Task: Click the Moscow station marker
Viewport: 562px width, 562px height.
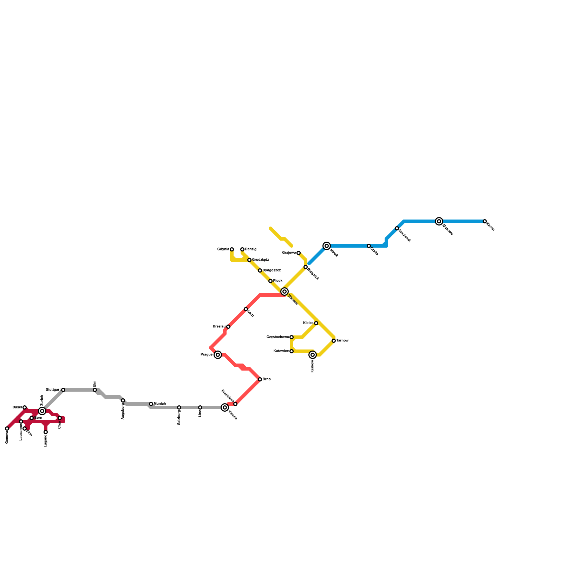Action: [439, 221]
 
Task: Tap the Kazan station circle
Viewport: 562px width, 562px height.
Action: [485, 221]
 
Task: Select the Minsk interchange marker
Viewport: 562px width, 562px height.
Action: [327, 246]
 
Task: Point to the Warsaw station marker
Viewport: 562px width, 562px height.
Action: [285, 292]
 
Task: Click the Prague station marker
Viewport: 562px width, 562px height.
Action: [218, 355]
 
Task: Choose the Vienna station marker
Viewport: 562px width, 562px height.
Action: [225, 407]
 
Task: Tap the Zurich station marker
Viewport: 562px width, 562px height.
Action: [42, 411]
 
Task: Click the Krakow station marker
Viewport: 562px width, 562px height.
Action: [313, 355]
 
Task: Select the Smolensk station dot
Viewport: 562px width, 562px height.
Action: [397, 228]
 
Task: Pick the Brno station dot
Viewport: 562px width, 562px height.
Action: [260, 379]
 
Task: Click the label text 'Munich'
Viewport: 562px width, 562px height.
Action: [160, 404]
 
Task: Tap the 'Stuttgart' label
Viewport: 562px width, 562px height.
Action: [53, 390]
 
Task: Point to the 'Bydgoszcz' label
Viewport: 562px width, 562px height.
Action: [272, 270]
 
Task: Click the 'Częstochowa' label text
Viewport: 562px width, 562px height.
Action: [277, 337]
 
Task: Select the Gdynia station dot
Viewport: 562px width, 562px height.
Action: [232, 249]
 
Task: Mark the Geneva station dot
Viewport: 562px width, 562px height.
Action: [7, 429]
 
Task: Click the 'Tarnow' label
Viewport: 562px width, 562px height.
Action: [342, 341]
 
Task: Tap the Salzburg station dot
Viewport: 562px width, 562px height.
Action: [179, 407]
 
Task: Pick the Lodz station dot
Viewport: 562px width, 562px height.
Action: [246, 309]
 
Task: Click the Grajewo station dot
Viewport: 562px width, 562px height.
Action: [299, 253]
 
